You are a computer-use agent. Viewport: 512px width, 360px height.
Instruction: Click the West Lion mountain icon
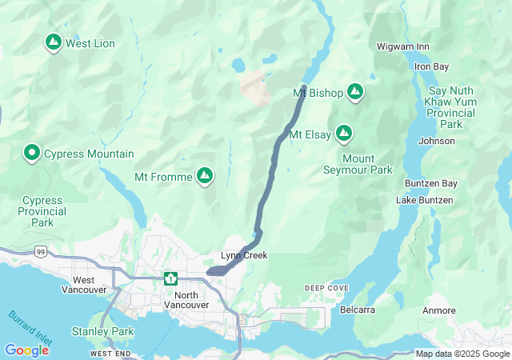point(53,42)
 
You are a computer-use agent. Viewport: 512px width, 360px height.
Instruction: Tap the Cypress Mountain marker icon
point(32,152)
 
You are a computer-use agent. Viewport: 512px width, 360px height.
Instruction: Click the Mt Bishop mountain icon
point(354,94)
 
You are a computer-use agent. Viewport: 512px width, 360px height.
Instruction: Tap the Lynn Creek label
point(244,256)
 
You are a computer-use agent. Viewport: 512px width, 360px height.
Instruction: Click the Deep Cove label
point(326,287)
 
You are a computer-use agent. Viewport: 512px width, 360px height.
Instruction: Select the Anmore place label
point(438,310)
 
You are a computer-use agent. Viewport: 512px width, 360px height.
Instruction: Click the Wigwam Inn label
point(402,47)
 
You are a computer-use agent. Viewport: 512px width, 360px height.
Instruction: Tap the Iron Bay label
point(431,66)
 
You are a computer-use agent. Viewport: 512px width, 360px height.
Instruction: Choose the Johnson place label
point(436,142)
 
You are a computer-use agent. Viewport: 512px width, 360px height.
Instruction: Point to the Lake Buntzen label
point(424,199)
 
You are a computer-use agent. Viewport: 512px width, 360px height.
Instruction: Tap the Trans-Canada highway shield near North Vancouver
point(170,278)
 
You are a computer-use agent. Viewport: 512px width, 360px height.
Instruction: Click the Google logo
point(26,350)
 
